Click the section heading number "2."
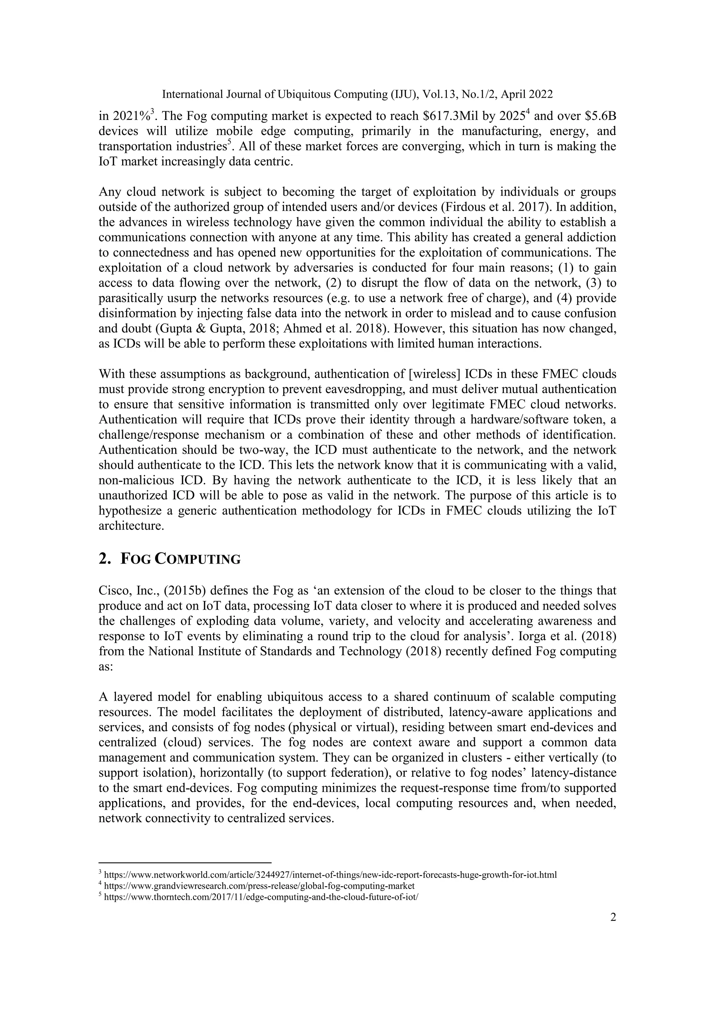coord(105,559)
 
